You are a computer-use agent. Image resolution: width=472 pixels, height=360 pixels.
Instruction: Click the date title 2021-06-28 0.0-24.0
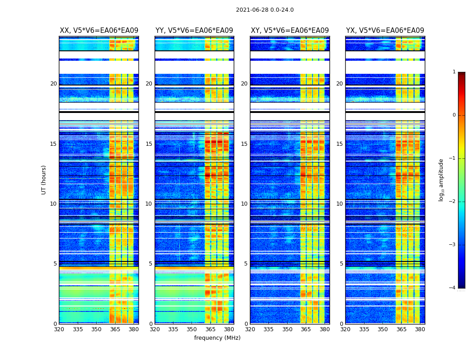point(265,10)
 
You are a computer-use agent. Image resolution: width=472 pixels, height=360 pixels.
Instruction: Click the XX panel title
point(99,31)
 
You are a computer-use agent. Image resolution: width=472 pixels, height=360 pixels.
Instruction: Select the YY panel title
point(194,31)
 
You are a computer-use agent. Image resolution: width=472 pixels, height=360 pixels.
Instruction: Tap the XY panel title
point(289,31)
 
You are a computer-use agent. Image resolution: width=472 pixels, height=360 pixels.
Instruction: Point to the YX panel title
point(385,31)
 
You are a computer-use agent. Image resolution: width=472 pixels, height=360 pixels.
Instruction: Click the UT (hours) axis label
point(44,180)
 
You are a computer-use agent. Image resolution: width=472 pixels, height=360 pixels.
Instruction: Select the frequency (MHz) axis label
point(217,338)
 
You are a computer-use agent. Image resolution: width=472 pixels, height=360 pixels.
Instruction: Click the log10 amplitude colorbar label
point(441,180)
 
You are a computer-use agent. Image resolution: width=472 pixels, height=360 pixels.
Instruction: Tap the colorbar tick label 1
point(454,72)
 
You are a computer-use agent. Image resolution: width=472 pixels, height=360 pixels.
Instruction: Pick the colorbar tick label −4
point(453,288)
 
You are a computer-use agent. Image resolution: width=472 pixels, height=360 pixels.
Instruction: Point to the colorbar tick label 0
point(454,115)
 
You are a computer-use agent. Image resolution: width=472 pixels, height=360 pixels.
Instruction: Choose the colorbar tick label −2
point(453,202)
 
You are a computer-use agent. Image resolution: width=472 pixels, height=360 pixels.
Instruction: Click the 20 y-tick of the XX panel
point(53,84)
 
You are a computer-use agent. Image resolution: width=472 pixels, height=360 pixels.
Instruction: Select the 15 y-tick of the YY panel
point(149,144)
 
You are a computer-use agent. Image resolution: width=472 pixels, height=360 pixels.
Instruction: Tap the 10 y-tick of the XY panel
point(244,204)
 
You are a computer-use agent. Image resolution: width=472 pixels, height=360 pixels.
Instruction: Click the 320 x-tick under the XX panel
point(59,329)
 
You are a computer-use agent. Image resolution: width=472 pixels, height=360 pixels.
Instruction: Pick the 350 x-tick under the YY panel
point(192,329)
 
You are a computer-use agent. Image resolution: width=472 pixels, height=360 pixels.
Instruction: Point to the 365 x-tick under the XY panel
point(306,329)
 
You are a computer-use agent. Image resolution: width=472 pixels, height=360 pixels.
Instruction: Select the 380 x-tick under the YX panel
point(420,329)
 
